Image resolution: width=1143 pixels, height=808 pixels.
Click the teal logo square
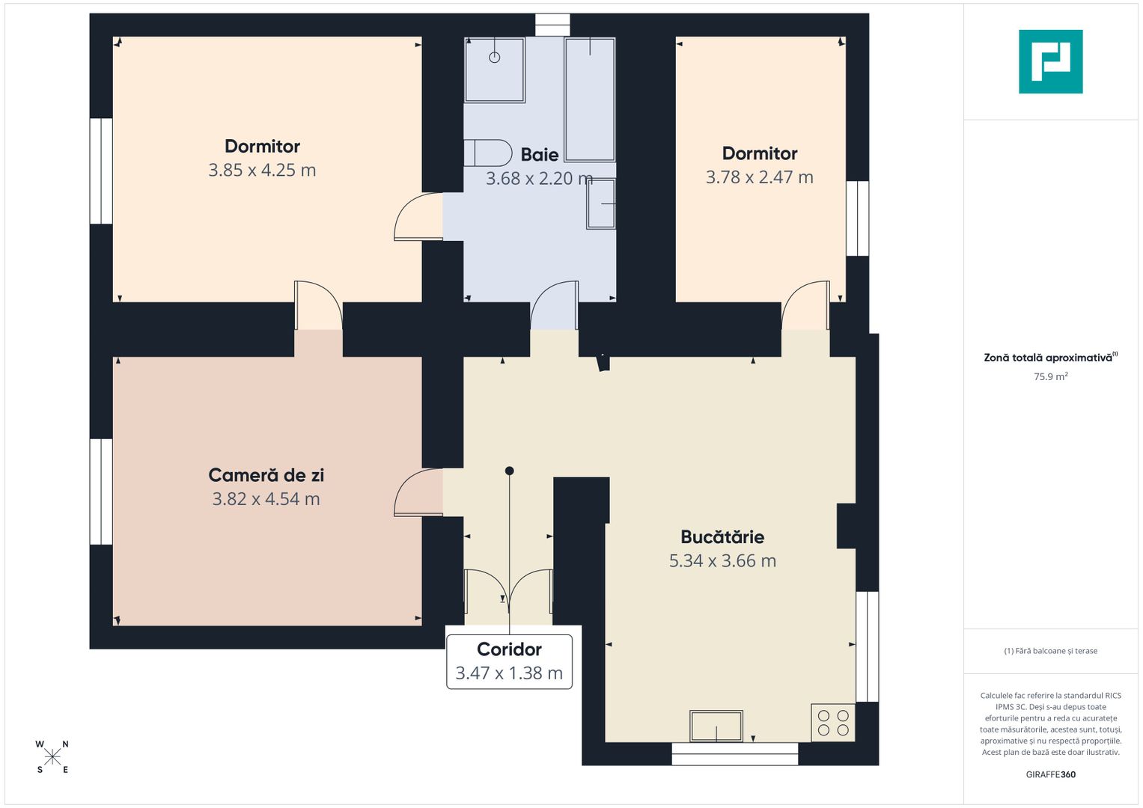pyautogui.click(x=1050, y=61)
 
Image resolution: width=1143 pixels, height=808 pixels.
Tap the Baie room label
pyautogui.click(x=540, y=155)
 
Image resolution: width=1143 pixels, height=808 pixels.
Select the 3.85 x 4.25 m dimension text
pyautogui.click(x=262, y=170)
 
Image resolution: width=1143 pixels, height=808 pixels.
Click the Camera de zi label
pyautogui.click(x=266, y=475)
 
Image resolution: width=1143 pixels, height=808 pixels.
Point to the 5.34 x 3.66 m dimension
pyautogui.click(x=722, y=560)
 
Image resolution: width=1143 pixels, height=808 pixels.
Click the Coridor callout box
pyautogui.click(x=509, y=661)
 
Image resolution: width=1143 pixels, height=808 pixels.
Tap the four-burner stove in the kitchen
pyautogui.click(x=833, y=723)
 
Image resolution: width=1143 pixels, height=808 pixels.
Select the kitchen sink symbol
pyautogui.click(x=716, y=726)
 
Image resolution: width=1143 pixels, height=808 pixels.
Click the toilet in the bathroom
pyautogui.click(x=487, y=153)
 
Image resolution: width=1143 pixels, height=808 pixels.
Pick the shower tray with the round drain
pyautogui.click(x=495, y=70)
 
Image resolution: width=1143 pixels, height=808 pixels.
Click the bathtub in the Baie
pyautogui.click(x=589, y=100)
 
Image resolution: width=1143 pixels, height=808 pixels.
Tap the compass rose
pyautogui.click(x=52, y=756)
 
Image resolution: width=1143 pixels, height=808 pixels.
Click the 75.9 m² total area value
pyautogui.click(x=1051, y=376)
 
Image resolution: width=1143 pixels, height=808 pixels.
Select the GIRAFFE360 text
pyautogui.click(x=1051, y=774)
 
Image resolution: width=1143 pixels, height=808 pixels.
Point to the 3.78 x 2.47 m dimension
pyautogui.click(x=759, y=177)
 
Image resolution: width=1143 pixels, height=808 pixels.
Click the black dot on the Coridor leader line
pyautogui.click(x=509, y=471)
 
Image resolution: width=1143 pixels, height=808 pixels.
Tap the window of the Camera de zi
pyautogui.click(x=101, y=492)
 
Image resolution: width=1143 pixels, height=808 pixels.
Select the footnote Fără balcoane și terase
pyautogui.click(x=1051, y=651)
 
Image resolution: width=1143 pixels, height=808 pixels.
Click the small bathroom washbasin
pyautogui.click(x=600, y=203)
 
